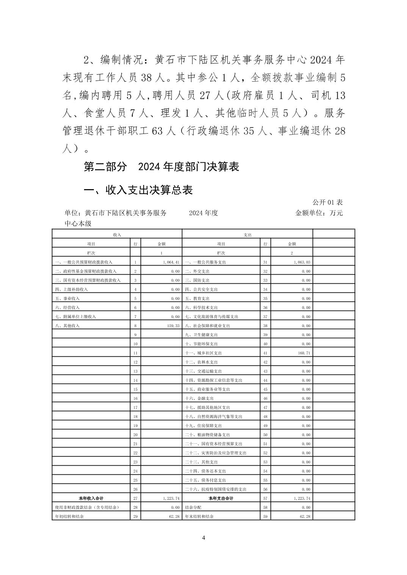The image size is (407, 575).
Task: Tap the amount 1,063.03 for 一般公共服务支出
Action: (302, 262)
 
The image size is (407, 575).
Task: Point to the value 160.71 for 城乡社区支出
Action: (303, 353)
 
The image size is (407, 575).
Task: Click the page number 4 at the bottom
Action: (203, 538)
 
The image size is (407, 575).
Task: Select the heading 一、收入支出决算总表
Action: (138, 190)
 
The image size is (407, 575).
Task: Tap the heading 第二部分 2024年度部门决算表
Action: (161, 166)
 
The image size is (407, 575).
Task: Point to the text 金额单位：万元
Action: (319, 213)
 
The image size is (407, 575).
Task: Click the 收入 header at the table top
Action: (117, 235)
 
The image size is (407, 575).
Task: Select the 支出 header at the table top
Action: (247, 235)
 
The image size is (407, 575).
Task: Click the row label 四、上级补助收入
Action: (71, 289)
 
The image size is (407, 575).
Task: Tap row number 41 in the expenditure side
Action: (265, 353)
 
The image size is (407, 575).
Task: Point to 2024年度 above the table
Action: (203, 213)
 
